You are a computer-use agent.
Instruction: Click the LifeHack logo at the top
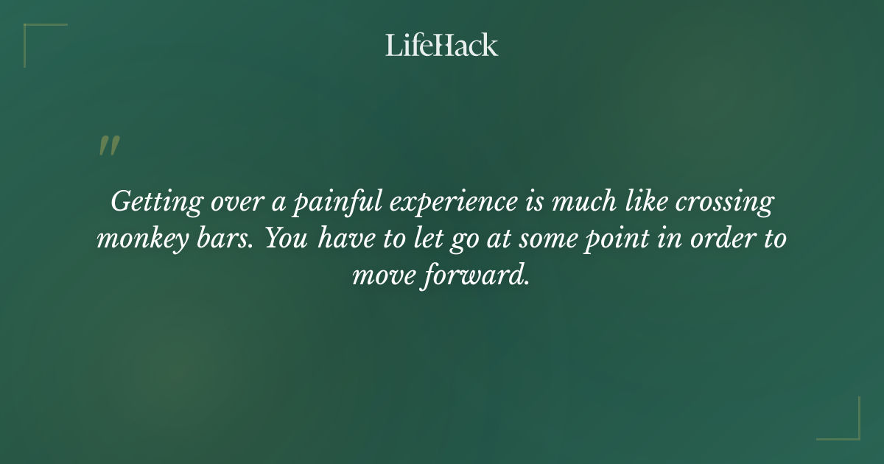tap(442, 45)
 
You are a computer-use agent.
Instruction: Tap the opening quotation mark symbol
tap(109, 146)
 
